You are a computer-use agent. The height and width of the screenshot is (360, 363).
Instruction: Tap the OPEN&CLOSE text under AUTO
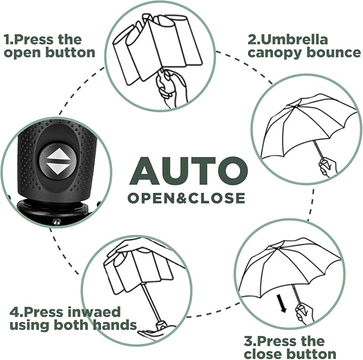pos(186,198)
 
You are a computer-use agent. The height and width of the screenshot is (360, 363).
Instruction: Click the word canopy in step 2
pos(273,53)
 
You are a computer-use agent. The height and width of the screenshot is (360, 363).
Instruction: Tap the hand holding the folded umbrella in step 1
pos(170,85)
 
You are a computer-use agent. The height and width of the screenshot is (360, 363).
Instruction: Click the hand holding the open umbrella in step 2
pos(326,167)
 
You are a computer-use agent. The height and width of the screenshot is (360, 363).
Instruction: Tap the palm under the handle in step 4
pos(152,334)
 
